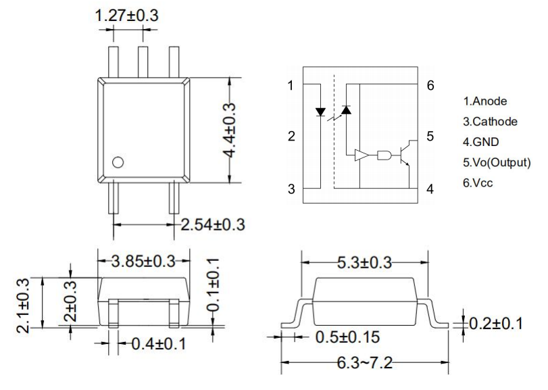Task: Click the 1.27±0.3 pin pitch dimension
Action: tap(126, 15)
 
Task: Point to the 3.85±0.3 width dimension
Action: tap(145, 260)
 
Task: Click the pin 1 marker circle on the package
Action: tap(118, 162)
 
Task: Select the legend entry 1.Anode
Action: tap(484, 101)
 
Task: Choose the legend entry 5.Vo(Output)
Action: tap(497, 162)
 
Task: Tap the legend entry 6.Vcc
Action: tap(476, 182)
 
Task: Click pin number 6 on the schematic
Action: tap(430, 86)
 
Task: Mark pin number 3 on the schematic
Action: tap(291, 189)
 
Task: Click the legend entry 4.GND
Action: tap(480, 142)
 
